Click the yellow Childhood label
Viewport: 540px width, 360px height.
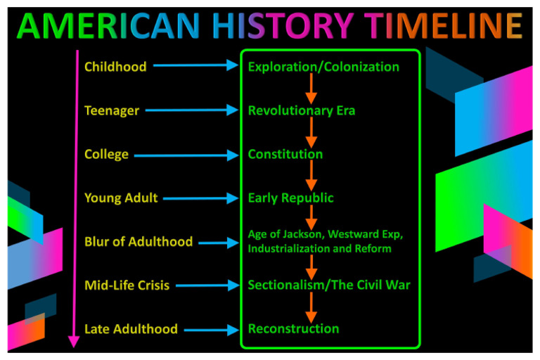pyautogui.click(x=115, y=67)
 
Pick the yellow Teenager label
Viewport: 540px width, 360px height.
pyautogui.click(x=112, y=110)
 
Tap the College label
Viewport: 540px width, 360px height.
pyautogui.click(x=106, y=155)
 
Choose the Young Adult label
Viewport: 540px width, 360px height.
pyautogui.click(x=121, y=198)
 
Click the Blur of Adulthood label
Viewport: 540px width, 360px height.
pyautogui.click(x=139, y=242)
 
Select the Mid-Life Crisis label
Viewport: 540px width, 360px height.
pyautogui.click(x=127, y=285)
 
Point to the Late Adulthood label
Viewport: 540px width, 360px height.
pyautogui.click(x=131, y=329)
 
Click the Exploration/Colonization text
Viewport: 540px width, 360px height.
pyautogui.click(x=323, y=67)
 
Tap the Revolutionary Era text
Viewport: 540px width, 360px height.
pyautogui.click(x=302, y=110)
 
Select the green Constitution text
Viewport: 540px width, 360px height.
pyautogui.click(x=285, y=155)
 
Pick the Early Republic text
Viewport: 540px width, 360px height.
pyautogui.click(x=291, y=198)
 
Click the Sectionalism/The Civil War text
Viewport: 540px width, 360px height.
pyautogui.click(x=328, y=285)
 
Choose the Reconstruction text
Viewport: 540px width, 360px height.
pyautogui.click(x=293, y=329)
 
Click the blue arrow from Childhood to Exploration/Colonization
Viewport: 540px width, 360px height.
pyautogui.click(x=195, y=66)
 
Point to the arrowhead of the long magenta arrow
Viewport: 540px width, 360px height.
pyautogui.click(x=72, y=342)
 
